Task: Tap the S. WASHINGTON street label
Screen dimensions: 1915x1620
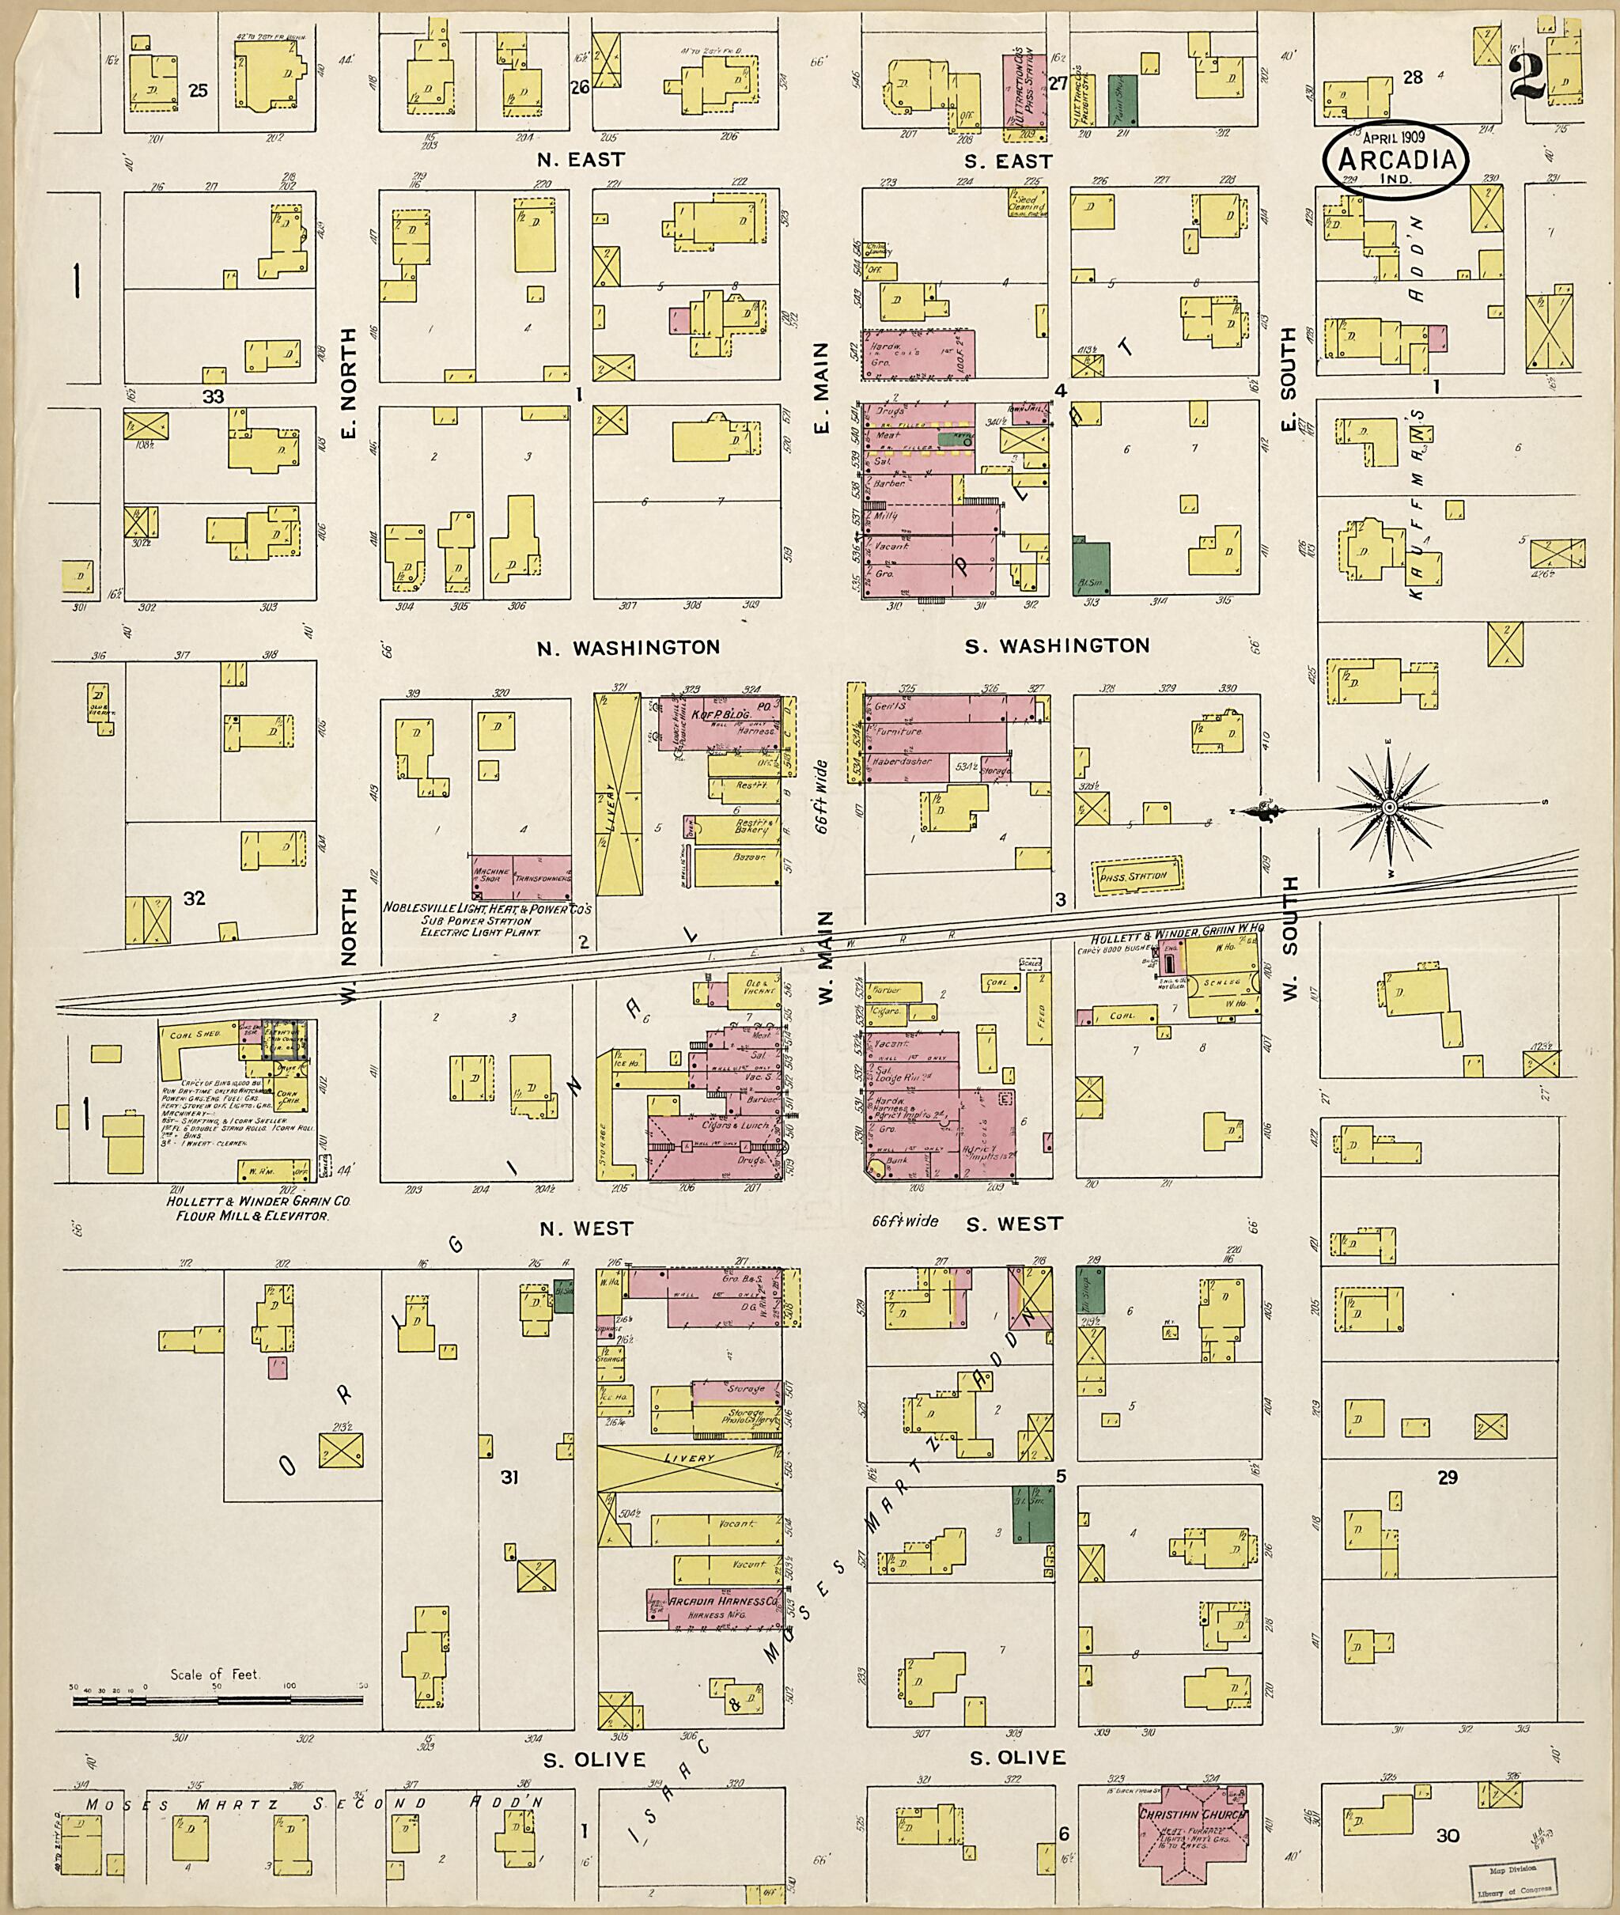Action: click(x=1057, y=645)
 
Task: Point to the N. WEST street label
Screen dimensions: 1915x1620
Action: click(x=586, y=1228)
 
